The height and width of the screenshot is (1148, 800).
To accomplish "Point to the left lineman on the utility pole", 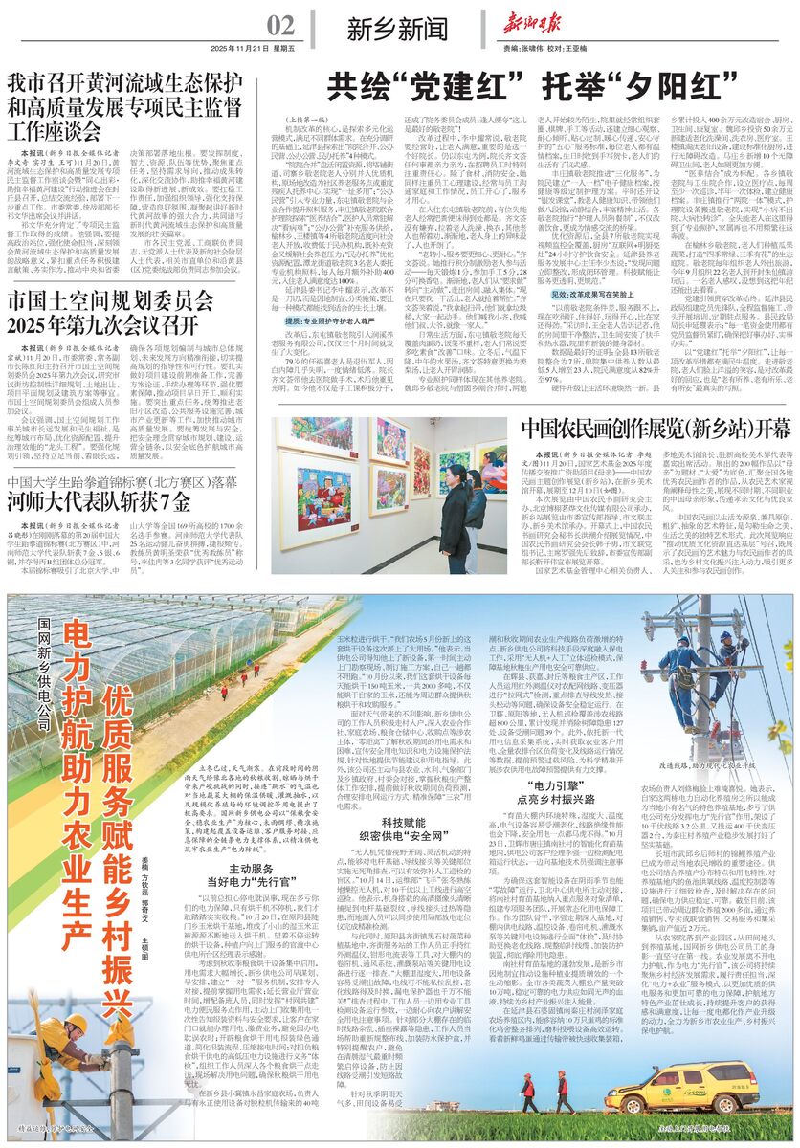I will click(x=680, y=660).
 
